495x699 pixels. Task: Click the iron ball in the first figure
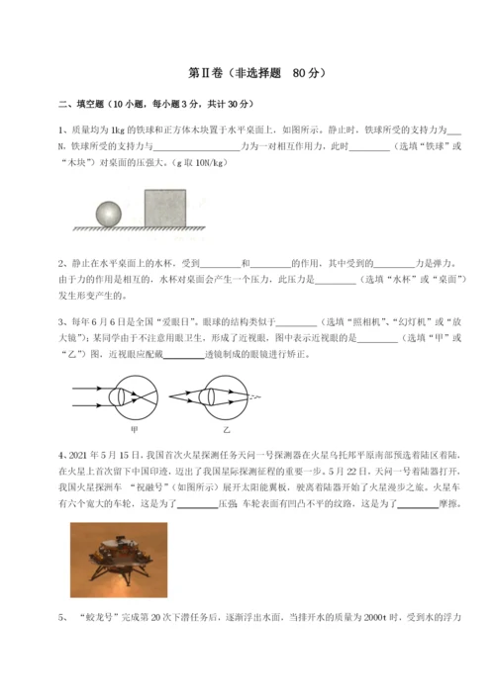109,215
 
